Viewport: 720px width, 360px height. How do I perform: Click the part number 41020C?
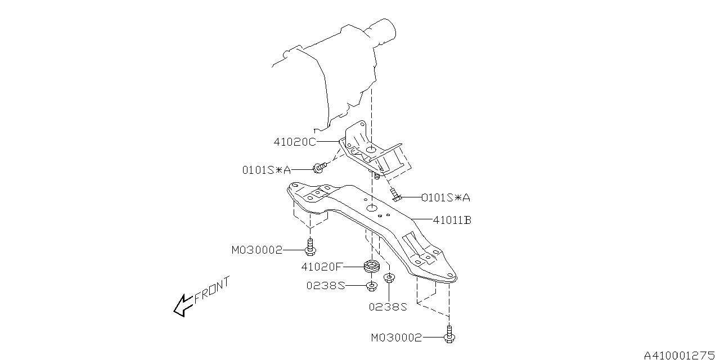tap(295, 142)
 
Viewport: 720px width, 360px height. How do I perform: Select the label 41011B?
tap(452, 220)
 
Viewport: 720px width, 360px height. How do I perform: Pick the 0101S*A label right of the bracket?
tap(445, 197)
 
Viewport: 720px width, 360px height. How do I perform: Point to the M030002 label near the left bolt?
tap(256, 250)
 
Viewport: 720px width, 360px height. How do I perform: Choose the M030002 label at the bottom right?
tap(396, 337)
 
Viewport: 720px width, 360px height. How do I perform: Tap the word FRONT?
tap(212, 291)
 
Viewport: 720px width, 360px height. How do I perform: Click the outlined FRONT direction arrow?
tap(182, 305)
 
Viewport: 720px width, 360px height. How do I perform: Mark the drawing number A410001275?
tap(679, 355)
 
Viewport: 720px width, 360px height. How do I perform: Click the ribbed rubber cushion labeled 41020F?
tap(370, 265)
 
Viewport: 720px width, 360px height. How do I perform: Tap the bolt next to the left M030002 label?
tap(310, 247)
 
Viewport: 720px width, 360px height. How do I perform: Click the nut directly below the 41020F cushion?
tap(371, 286)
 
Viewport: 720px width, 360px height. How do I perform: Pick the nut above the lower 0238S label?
tap(389, 278)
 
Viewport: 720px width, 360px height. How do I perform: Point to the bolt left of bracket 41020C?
tap(319, 166)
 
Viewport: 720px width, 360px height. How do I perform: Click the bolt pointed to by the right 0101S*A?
tap(395, 195)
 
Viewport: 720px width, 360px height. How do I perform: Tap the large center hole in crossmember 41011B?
tap(372, 209)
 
